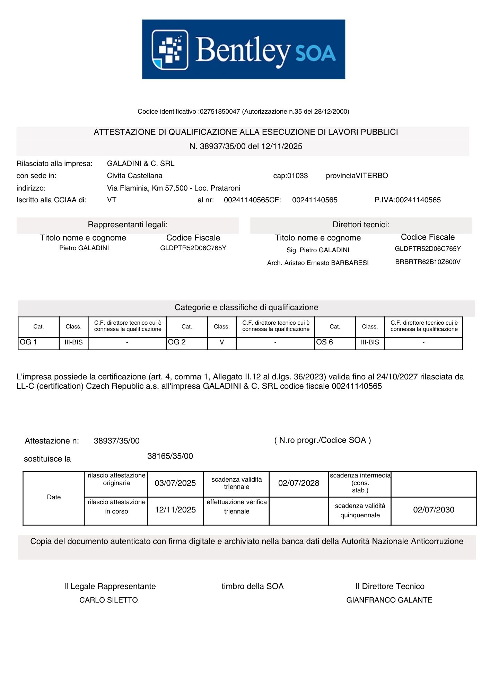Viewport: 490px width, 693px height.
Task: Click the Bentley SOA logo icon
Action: point(170,50)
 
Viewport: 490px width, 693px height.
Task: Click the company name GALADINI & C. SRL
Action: point(140,164)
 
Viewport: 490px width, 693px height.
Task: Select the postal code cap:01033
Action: point(290,176)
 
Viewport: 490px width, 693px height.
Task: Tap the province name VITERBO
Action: point(372,176)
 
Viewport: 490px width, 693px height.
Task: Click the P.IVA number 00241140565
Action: point(418,200)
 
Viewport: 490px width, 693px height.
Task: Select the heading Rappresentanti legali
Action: point(128,225)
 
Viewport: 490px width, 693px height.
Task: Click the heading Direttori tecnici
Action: point(361,225)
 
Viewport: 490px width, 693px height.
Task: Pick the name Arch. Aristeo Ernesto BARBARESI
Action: point(318,263)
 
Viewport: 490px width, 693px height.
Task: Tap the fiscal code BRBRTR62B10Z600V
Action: point(428,262)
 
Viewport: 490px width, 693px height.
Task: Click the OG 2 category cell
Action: point(186,342)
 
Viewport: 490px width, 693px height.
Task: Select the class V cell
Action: point(222,342)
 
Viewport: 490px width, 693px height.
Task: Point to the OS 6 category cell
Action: point(335,342)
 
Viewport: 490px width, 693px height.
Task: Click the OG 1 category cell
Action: point(38,342)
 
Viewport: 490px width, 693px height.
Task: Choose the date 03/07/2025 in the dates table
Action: point(175,483)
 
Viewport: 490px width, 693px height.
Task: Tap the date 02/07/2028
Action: point(299,483)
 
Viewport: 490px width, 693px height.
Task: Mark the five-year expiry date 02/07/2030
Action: point(434,510)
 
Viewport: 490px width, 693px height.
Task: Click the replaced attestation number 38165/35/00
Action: point(170,456)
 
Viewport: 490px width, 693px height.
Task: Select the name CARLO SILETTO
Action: point(108,600)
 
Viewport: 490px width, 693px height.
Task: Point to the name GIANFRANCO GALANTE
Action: point(389,600)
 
